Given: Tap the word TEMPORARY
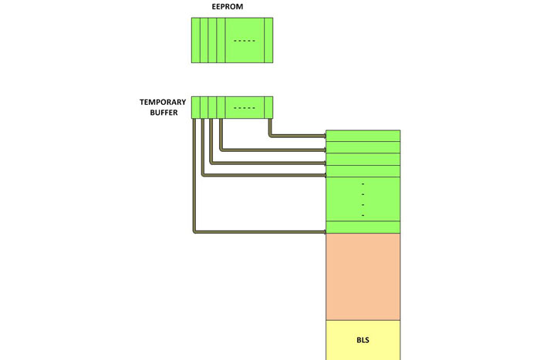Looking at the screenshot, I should click(163, 102).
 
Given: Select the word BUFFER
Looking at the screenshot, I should click(163, 113).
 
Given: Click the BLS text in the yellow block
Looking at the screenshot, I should click(363, 340).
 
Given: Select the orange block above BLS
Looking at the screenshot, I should click(363, 276).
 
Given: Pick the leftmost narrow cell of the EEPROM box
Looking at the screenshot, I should click(196, 40).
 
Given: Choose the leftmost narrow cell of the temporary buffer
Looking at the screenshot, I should click(196, 107).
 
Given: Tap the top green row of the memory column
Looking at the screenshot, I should click(363, 136).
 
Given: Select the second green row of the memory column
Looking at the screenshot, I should click(363, 147).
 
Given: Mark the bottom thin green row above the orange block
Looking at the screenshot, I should click(363, 227).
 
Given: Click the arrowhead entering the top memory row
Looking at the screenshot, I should click(323, 136).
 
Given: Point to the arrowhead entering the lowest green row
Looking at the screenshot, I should click(323, 230).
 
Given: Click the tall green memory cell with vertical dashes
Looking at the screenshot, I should click(363, 199).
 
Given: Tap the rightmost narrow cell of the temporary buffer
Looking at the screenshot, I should click(270, 107).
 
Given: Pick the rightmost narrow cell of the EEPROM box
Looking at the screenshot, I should click(268, 40).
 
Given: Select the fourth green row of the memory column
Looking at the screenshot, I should click(363, 171).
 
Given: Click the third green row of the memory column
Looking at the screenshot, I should click(363, 160).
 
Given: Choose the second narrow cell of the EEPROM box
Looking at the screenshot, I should click(204, 40).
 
